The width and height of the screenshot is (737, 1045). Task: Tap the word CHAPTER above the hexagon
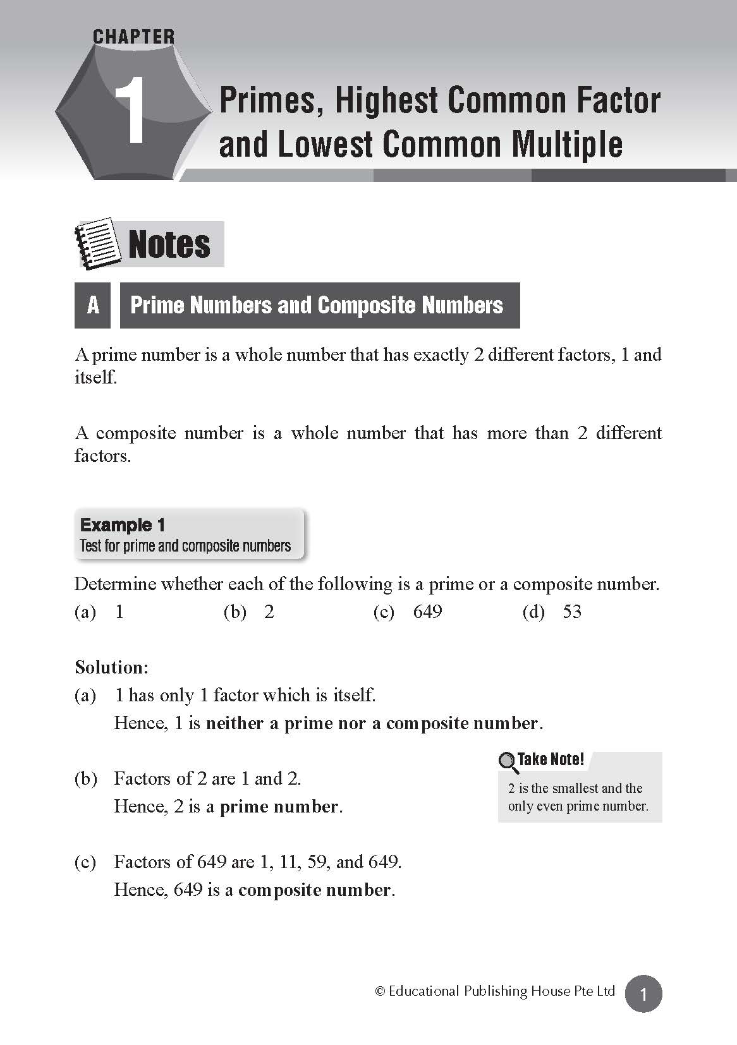point(133,37)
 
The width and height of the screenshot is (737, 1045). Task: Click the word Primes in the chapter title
point(266,101)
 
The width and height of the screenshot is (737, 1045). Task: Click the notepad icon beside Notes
point(97,244)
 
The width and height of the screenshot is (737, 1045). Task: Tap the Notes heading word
point(169,245)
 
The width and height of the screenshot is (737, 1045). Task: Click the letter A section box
point(93,305)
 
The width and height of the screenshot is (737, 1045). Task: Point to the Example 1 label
point(123,525)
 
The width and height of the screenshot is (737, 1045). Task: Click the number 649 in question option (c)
point(427,612)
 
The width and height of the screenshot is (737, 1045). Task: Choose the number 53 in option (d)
point(571,612)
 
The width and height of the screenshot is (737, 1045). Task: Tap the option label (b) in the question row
point(234,612)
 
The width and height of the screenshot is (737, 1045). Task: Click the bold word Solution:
point(111,667)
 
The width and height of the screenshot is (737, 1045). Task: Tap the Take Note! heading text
point(551,759)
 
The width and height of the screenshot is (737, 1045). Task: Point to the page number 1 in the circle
point(643,994)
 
